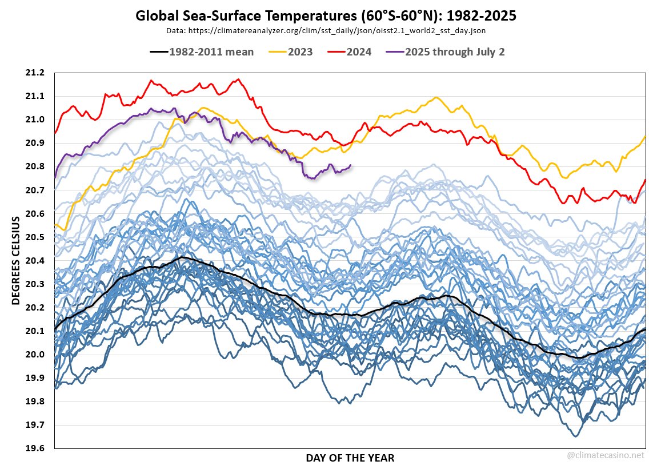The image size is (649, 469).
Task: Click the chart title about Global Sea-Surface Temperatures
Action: (326, 16)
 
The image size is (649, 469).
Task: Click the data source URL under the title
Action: (326, 30)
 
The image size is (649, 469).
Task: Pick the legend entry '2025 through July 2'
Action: (446, 52)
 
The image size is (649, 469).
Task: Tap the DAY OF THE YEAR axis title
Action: (350, 458)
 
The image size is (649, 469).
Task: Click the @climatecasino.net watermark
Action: (606, 456)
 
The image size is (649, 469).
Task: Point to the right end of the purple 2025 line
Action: (350, 165)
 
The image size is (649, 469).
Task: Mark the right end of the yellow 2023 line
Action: (645, 136)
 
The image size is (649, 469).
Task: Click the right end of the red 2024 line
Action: (645, 180)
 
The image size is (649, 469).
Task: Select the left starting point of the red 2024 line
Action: (55, 133)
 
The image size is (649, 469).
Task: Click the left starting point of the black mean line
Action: (55, 330)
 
